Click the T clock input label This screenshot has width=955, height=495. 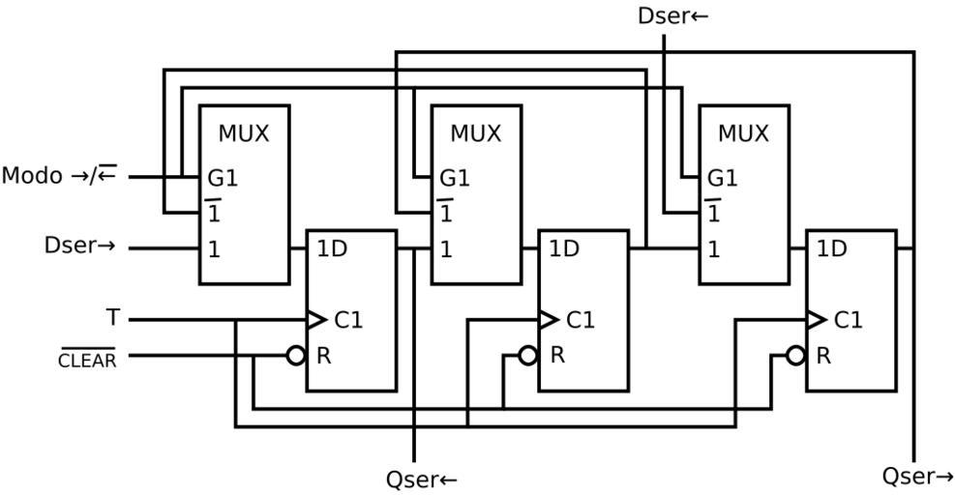pos(113,317)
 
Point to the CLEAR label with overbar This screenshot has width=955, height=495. pos(88,360)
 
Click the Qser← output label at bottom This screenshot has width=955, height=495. pos(421,479)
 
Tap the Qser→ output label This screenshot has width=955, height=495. pos(917,476)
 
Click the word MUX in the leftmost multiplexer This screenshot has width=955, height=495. pos(244,133)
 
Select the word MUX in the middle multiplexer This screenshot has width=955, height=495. pos(476,133)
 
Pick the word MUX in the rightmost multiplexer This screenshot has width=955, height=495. pos(743,133)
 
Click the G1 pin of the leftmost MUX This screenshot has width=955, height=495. pos(222,179)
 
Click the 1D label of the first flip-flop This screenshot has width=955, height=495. pos(331,248)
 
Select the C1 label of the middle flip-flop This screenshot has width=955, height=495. pos(581,319)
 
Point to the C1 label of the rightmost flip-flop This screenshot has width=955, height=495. pos(848,319)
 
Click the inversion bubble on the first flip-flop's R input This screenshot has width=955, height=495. pos(296,356)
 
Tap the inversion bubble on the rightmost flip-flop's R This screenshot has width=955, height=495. pos(795,356)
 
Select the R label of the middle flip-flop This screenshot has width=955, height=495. pos(557,355)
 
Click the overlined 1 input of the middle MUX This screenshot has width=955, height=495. pos(445,212)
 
